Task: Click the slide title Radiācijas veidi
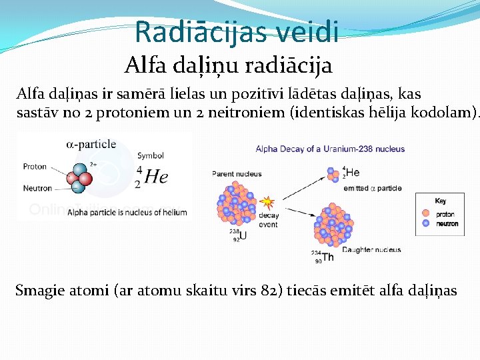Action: pyautogui.click(x=236, y=31)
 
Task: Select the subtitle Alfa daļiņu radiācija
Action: pyautogui.click(x=228, y=65)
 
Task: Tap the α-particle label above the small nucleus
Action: pyautogui.click(x=91, y=144)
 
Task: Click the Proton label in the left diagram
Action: pyautogui.click(x=35, y=167)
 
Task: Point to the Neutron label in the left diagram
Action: pyautogui.click(x=37, y=188)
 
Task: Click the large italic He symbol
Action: pyautogui.click(x=156, y=177)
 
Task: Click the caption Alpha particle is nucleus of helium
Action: pyautogui.click(x=123, y=212)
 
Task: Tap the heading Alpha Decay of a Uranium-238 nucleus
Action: pyautogui.click(x=330, y=149)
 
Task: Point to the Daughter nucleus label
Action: pyautogui.click(x=371, y=250)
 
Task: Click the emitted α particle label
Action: pyautogui.click(x=373, y=189)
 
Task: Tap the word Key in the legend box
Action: pyautogui.click(x=440, y=201)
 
